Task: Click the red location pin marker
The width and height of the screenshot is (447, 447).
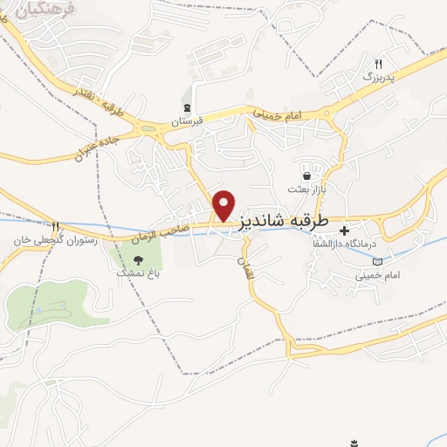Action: (x=225, y=204)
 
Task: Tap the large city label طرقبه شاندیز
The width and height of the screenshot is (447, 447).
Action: (x=283, y=223)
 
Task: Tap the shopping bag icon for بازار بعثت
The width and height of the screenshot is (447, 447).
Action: (x=306, y=175)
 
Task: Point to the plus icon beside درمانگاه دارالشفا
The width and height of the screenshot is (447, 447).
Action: (x=345, y=230)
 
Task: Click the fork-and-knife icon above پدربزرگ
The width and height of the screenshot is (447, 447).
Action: (x=378, y=64)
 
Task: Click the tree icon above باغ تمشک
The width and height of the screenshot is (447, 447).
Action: (x=139, y=258)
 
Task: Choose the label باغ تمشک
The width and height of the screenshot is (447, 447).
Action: (x=139, y=272)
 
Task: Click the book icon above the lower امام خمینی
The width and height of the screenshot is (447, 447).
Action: (x=377, y=261)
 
